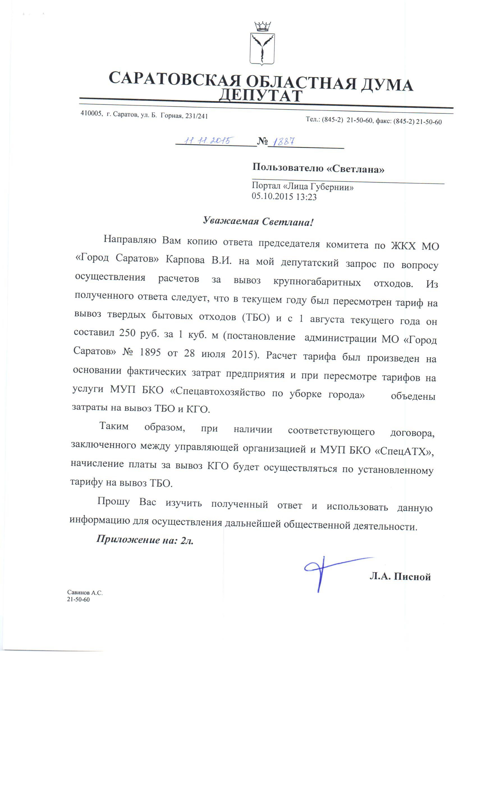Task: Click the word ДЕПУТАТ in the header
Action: (260, 95)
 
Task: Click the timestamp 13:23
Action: (306, 197)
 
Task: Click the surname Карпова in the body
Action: (185, 260)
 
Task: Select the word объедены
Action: (412, 396)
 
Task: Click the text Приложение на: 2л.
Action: (145, 540)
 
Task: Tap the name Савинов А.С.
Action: (85, 593)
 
